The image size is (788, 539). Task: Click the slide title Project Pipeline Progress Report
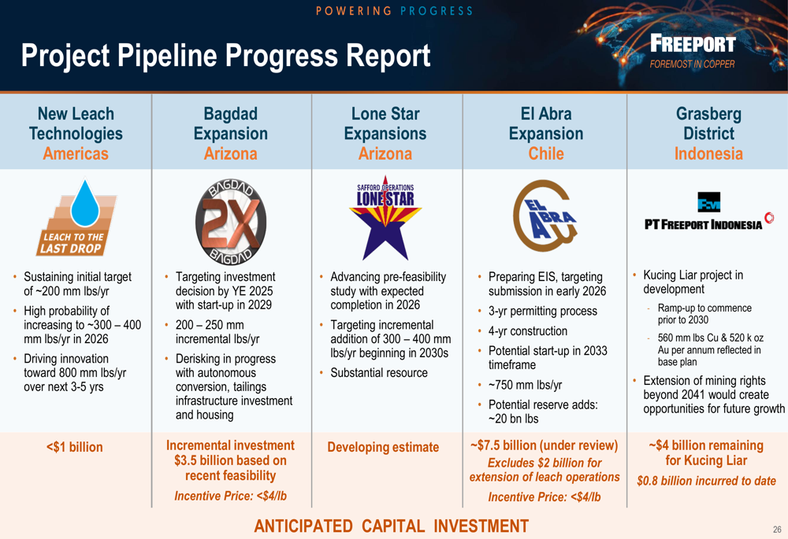click(x=225, y=56)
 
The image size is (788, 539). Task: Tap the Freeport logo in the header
click(x=693, y=50)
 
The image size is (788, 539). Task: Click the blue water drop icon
click(x=85, y=203)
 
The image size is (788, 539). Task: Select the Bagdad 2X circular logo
click(x=231, y=221)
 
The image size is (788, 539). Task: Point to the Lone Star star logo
click(x=385, y=217)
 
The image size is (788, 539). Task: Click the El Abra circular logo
click(x=545, y=216)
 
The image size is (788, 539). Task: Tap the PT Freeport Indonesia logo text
click(x=703, y=224)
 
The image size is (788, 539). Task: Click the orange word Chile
click(x=546, y=153)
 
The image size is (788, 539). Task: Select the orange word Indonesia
click(x=708, y=153)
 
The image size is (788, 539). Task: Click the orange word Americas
click(x=76, y=153)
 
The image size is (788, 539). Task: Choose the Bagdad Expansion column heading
click(x=231, y=134)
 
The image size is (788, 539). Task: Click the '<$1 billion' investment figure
click(x=74, y=447)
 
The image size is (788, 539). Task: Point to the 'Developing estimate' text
click(x=383, y=447)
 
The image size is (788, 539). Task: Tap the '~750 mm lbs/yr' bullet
click(x=525, y=385)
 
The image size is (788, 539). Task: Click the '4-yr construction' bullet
click(x=528, y=331)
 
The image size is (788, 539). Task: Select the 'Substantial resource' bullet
click(x=379, y=373)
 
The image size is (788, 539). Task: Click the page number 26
click(x=777, y=530)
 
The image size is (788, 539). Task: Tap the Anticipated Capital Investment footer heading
click(x=392, y=526)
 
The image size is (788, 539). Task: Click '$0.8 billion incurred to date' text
click(x=706, y=481)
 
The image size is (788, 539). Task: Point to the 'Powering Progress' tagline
click(x=394, y=11)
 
